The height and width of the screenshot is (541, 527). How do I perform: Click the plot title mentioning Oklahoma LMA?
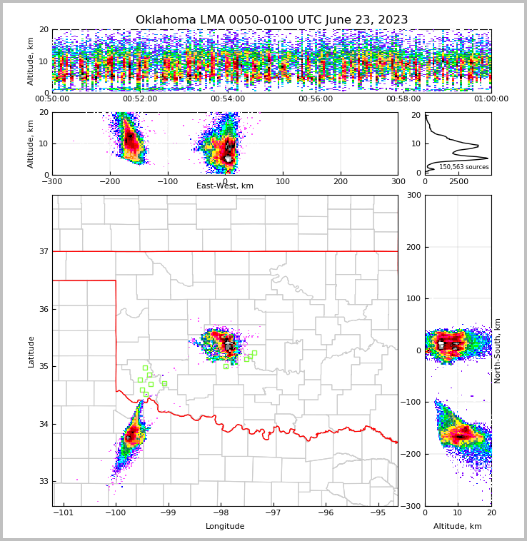pyautogui.click(x=271, y=19)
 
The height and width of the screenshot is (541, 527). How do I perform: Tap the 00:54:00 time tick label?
pyautogui.click(x=228, y=98)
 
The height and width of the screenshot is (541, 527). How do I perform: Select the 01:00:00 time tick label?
pyautogui.click(x=491, y=98)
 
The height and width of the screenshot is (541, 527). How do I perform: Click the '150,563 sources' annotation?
pyautogui.click(x=464, y=167)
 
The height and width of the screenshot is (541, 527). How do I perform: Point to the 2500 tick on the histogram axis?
pyautogui.click(x=458, y=181)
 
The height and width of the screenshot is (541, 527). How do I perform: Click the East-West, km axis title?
pyautogui.click(x=225, y=186)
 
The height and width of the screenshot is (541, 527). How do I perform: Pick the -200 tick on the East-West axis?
pyautogui.click(x=110, y=181)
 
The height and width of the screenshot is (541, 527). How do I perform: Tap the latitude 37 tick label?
pyautogui.click(x=44, y=251)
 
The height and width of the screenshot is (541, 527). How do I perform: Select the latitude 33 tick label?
pyautogui.click(x=44, y=482)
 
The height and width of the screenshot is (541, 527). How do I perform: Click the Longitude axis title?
pyautogui.click(x=225, y=526)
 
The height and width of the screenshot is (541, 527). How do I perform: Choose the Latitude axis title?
pyautogui.click(x=31, y=352)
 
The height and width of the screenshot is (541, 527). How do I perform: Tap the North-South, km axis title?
pyautogui.click(x=497, y=351)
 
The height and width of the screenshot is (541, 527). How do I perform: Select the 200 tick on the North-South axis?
pyautogui.click(x=414, y=247)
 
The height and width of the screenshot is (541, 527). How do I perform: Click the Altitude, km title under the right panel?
pyautogui.click(x=457, y=526)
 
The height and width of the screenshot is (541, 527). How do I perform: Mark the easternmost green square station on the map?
pyautogui.click(x=254, y=353)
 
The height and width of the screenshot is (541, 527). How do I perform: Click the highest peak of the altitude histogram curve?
pyautogui.click(x=488, y=158)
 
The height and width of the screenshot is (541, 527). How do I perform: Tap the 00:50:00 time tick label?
pyautogui.click(x=52, y=98)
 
